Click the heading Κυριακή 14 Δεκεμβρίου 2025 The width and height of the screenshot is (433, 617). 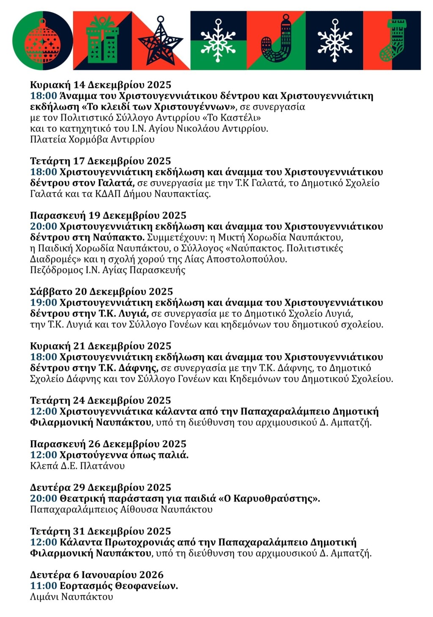click(x=101, y=85)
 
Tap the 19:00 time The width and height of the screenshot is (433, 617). click(x=44, y=303)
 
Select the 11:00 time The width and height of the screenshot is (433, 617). click(x=44, y=586)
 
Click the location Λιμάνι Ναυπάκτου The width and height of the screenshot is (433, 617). click(x=71, y=597)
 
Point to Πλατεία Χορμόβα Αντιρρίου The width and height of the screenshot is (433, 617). click(x=92, y=139)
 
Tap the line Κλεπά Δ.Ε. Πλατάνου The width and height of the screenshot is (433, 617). click(x=77, y=466)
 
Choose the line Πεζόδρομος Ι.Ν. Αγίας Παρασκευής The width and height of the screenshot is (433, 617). click(x=108, y=270)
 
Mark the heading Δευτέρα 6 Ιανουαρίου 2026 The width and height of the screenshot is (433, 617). click(x=97, y=575)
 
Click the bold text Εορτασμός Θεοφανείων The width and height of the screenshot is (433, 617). click(x=119, y=586)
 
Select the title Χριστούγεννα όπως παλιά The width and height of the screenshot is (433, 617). click(x=124, y=455)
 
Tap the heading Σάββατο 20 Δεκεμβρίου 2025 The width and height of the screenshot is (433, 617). click(x=101, y=292)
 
